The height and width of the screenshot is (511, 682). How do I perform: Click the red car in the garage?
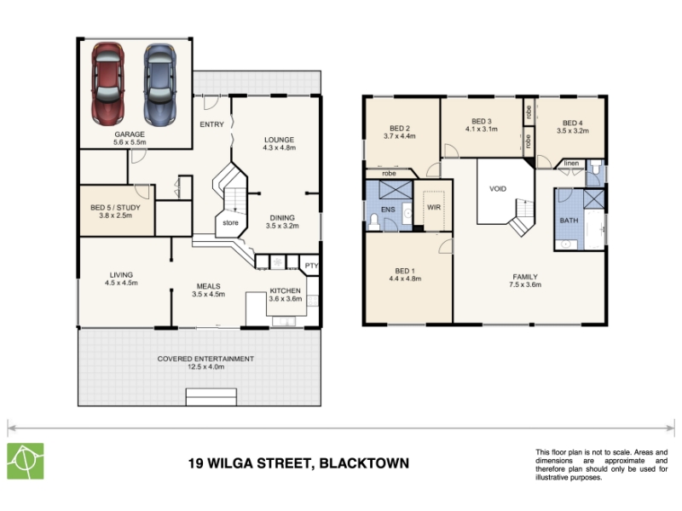tap(108, 83)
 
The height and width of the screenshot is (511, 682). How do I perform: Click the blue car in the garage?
tap(160, 84)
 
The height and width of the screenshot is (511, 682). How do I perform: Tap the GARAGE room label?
tap(130, 135)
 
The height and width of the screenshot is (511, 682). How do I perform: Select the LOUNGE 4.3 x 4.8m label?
tap(280, 144)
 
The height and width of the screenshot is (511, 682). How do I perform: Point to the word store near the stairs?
tap(230, 223)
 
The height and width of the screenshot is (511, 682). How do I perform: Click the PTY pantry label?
tap(311, 266)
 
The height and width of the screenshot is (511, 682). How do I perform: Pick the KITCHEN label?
tap(286, 290)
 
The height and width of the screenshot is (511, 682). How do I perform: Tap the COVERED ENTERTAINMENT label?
tap(205, 359)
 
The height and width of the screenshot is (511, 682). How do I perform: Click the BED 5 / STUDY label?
tap(115, 208)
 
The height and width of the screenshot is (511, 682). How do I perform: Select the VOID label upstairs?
tap(498, 189)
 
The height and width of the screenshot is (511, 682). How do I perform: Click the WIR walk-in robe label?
tap(434, 207)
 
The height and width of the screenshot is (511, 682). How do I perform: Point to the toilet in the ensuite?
tap(373, 221)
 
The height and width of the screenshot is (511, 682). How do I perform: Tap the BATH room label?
tap(569, 221)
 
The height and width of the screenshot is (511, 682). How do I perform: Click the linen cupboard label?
tap(571, 164)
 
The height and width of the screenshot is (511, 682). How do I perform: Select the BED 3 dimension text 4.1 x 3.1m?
tap(482, 129)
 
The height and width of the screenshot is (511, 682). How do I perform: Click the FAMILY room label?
tap(525, 277)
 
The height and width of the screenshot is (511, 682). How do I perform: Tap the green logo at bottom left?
tap(26, 461)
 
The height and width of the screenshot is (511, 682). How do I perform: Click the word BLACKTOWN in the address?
tap(364, 463)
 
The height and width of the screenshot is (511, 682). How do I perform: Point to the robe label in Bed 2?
tap(389, 174)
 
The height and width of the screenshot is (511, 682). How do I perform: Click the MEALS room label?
tap(208, 286)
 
